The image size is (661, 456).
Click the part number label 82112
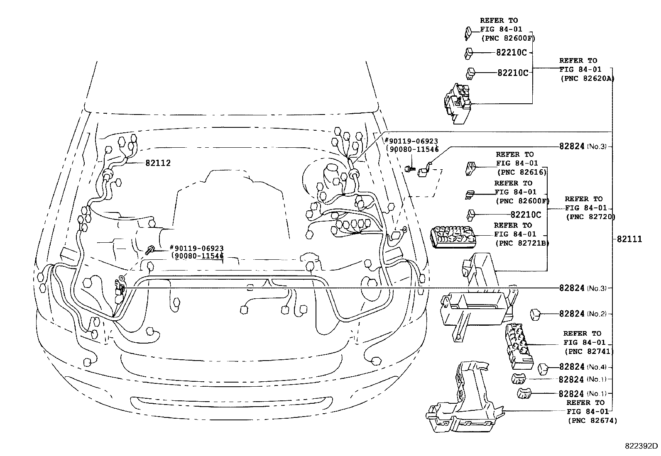158,163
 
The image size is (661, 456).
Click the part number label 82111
629,239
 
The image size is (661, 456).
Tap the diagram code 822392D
642,446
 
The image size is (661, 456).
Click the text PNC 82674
592,421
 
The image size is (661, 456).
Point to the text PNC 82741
589,351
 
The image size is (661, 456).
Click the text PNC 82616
521,172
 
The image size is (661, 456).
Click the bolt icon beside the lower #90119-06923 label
151,250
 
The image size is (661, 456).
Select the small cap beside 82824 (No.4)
544,368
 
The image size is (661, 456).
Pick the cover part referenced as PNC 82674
463,398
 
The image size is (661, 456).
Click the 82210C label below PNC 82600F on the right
526,215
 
